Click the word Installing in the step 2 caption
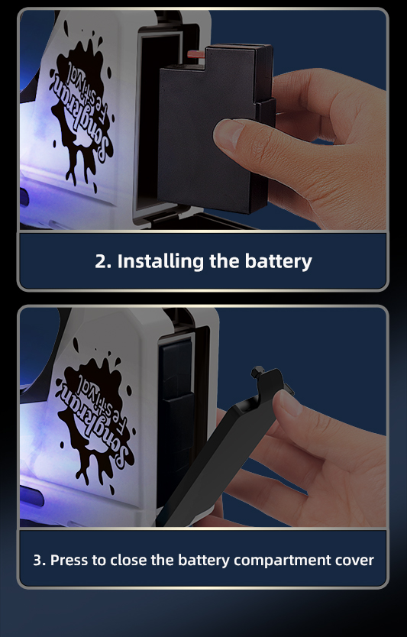[161, 261]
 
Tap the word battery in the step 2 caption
[278, 261]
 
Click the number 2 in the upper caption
[100, 262]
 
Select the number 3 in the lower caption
[37, 560]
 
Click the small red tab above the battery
[195, 54]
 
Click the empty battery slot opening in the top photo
[150, 122]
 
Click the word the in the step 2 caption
[224, 260]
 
